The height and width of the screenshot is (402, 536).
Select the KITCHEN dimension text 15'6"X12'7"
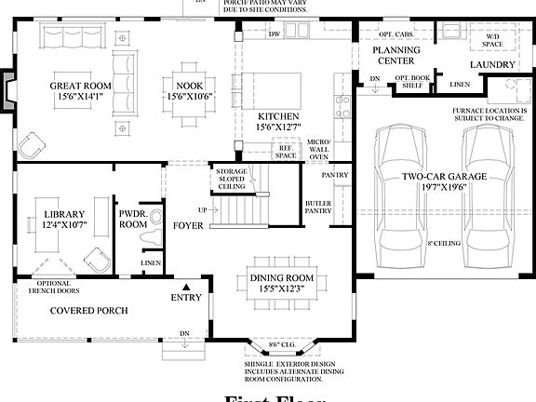tap(278, 128)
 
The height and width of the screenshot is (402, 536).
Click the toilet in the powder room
tap(145, 241)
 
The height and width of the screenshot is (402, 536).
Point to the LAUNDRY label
tap(493, 64)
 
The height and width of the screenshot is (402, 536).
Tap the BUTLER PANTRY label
tap(319, 207)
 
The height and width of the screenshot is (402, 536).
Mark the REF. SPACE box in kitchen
tap(285, 152)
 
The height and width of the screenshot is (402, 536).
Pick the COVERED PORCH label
tap(88, 310)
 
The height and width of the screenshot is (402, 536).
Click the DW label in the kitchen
tap(275, 34)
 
